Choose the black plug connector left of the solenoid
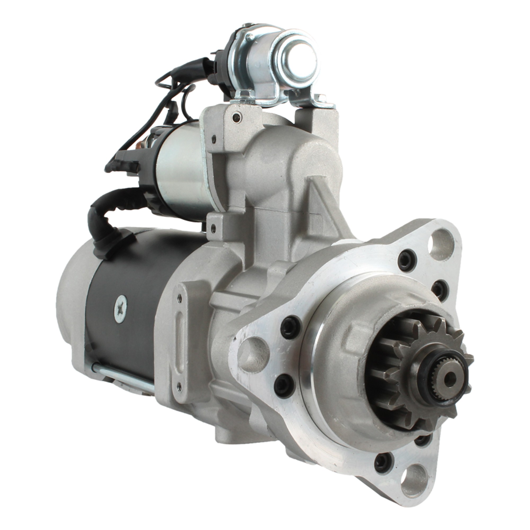(122, 165)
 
